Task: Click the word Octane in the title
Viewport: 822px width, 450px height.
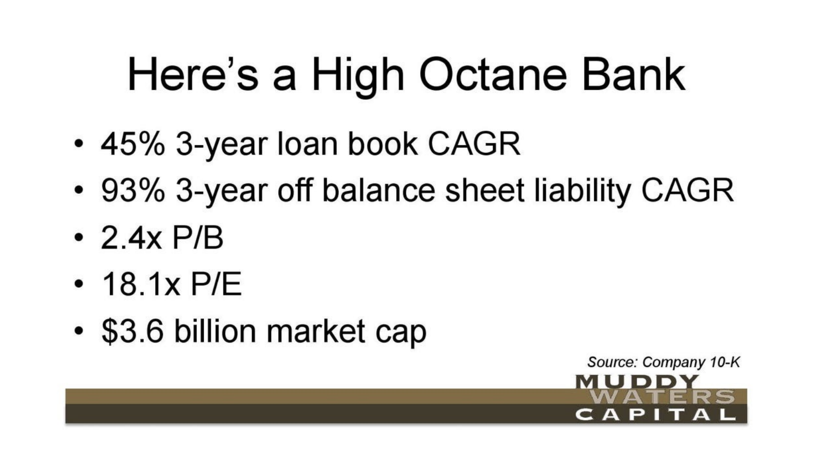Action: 493,75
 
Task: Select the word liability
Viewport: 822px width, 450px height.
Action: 583,192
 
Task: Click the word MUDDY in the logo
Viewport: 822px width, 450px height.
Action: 636,382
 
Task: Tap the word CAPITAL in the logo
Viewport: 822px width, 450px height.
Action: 656,415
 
